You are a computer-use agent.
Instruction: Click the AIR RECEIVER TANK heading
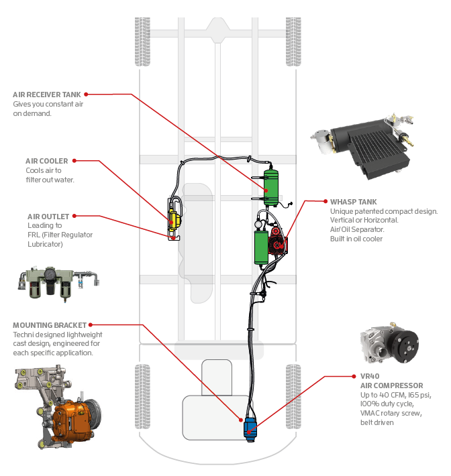[47, 95]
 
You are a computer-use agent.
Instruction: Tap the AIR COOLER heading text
[46, 161]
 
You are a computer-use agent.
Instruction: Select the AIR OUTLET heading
[48, 217]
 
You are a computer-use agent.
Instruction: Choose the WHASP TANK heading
[353, 201]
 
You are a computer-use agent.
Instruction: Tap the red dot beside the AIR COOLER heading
[74, 161]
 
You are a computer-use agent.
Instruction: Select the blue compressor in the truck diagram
[251, 426]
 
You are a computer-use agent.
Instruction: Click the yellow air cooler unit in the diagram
[174, 219]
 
